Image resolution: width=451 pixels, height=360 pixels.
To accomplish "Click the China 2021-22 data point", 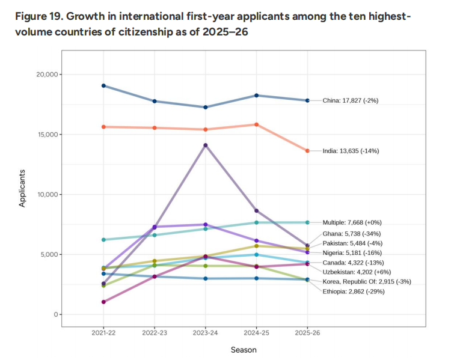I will tap(104, 85).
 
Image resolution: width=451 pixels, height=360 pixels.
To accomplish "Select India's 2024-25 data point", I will tap(257, 124).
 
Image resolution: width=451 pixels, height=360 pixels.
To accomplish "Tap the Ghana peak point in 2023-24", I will tap(206, 145).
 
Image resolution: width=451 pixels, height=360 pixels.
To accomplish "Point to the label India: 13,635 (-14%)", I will tap(351, 151).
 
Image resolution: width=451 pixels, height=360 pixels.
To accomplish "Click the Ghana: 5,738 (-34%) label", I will tap(351, 234).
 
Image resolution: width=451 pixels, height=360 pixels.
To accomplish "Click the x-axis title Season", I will tap(244, 349).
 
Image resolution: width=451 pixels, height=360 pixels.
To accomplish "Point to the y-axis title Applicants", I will tap(22, 189).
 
